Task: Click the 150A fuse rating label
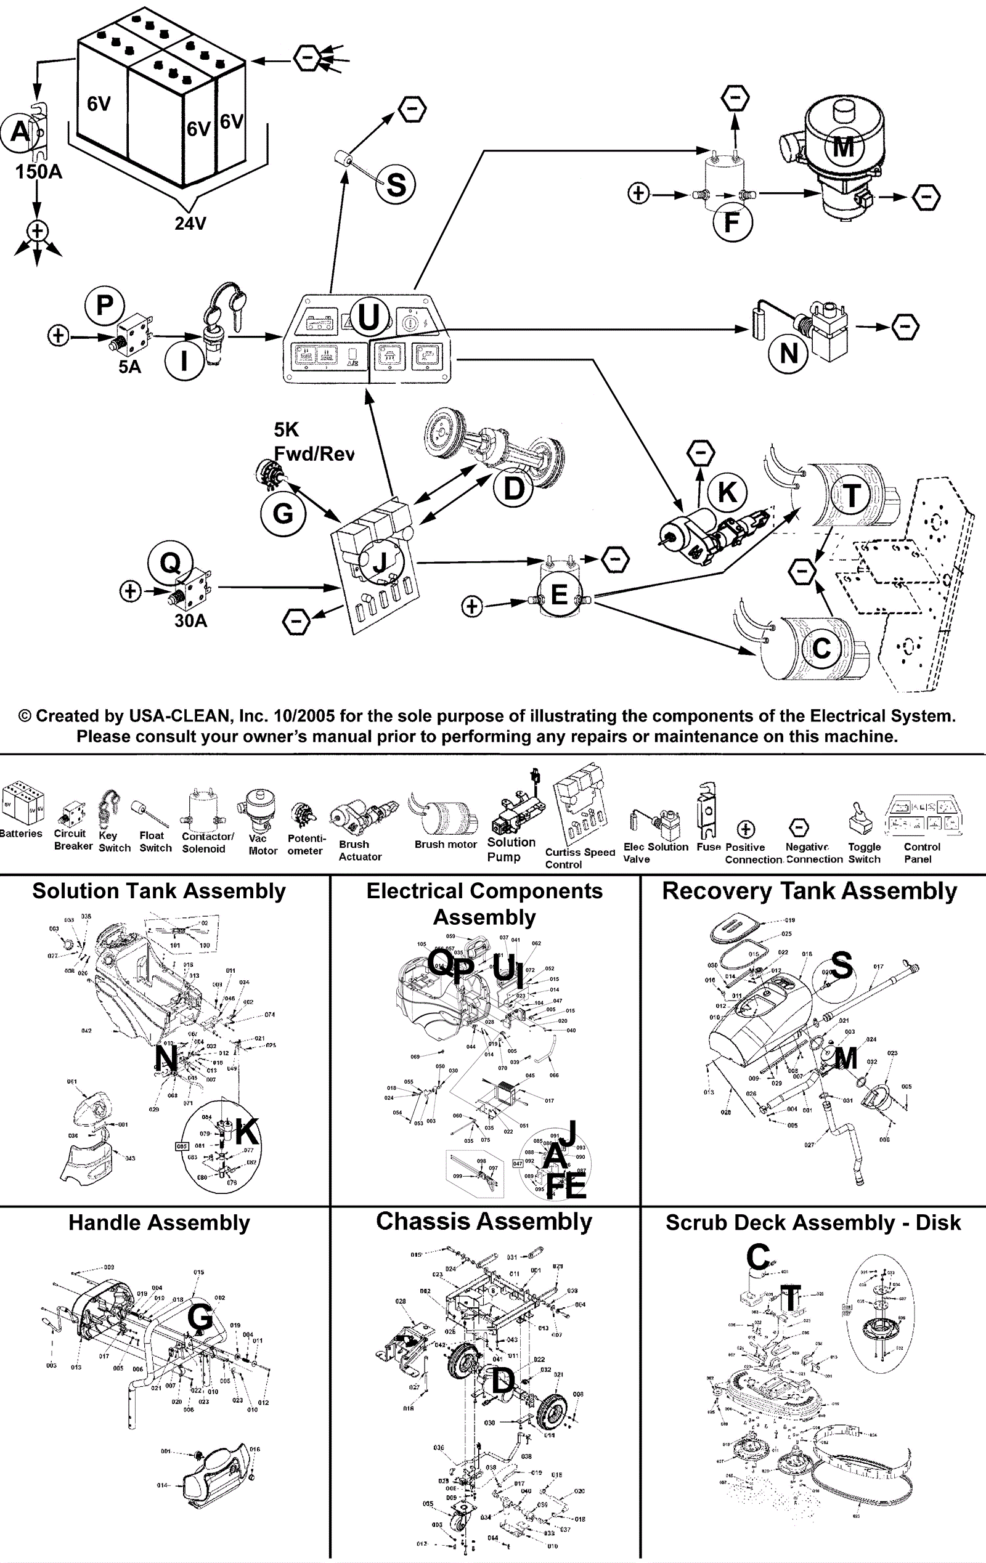[x=38, y=172]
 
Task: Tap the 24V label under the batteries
[x=190, y=223]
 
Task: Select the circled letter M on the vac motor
[x=842, y=147]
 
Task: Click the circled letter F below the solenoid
[x=732, y=222]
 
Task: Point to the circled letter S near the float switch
[x=396, y=185]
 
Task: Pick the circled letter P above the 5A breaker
[x=105, y=305]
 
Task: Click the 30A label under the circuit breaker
[x=191, y=621]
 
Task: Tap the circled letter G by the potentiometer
[x=282, y=513]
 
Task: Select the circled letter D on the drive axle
[x=513, y=488]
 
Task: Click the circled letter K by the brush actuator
[x=727, y=492]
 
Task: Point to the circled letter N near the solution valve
[x=789, y=354]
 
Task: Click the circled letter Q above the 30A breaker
[x=170, y=562]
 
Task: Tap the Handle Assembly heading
[x=159, y=1223]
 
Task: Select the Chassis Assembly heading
[x=484, y=1222]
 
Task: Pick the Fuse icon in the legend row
[x=706, y=811]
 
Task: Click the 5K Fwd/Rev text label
[x=314, y=441]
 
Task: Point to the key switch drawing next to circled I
[x=220, y=328]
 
